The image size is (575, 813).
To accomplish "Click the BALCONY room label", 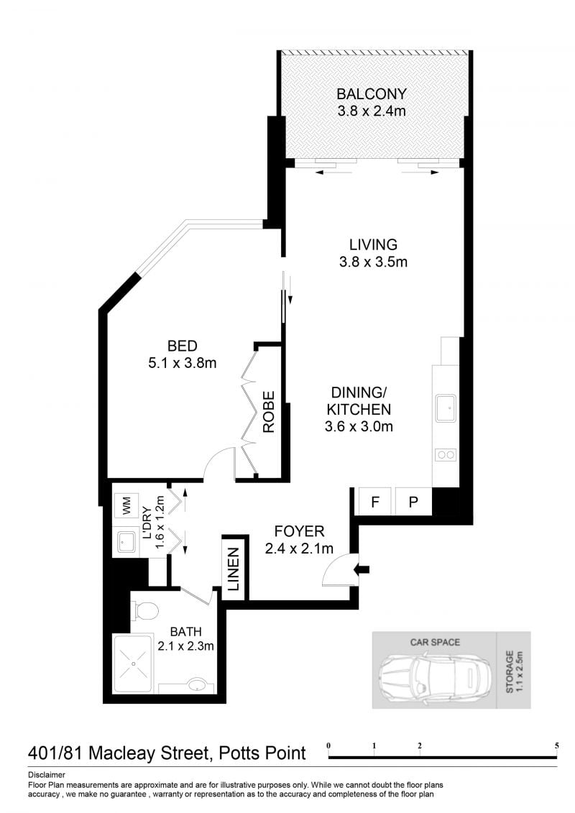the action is pyautogui.click(x=372, y=94).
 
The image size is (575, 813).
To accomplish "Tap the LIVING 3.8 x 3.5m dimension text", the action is pyautogui.click(x=373, y=262).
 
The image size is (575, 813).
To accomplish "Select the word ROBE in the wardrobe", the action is pyautogui.click(x=268, y=412).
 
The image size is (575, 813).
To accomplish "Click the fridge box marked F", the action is pyautogui.click(x=375, y=501).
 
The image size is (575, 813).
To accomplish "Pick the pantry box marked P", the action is pyautogui.click(x=413, y=501).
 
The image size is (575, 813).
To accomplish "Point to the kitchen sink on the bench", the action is pyautogui.click(x=446, y=408).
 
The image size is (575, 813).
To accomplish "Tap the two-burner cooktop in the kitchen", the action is pyautogui.click(x=446, y=455).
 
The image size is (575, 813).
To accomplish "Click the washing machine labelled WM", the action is pyautogui.click(x=126, y=505).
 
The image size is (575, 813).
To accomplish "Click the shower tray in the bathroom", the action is pyautogui.click(x=133, y=663).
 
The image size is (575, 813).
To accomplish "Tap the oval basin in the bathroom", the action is pyautogui.click(x=196, y=686).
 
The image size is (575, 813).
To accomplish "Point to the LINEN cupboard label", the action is pyautogui.click(x=234, y=569).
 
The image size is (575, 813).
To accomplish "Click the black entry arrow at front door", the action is pyautogui.click(x=362, y=570).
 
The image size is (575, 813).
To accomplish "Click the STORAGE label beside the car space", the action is pyautogui.click(x=510, y=672).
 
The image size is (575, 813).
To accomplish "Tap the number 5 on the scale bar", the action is pyautogui.click(x=557, y=745).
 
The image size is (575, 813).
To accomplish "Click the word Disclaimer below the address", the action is pyautogui.click(x=47, y=775).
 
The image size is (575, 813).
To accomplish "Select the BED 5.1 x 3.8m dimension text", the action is pyautogui.click(x=183, y=363).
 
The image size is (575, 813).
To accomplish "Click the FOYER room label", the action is pyautogui.click(x=299, y=531).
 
